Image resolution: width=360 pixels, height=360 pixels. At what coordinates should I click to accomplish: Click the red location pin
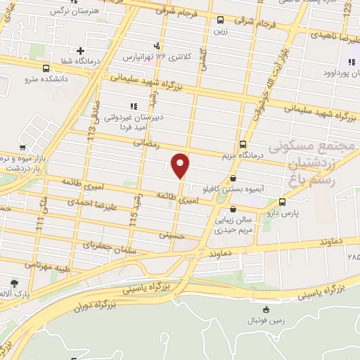[181, 165]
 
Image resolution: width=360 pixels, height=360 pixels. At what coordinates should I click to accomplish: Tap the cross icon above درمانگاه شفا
[82, 51]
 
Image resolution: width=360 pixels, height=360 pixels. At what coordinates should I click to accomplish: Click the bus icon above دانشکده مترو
[46, 68]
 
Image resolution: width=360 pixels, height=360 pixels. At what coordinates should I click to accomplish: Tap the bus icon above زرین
[221, 20]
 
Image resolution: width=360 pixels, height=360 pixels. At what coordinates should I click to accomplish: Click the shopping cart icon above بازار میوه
[23, 148]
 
